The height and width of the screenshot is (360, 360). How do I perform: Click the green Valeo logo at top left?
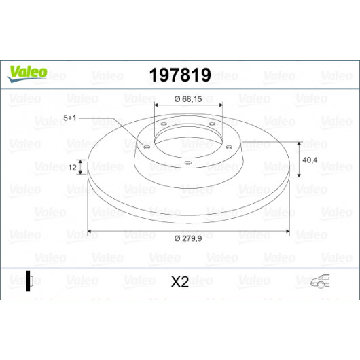28,73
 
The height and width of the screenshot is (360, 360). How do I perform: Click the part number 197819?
180,75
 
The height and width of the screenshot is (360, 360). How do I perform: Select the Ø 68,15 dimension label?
188,99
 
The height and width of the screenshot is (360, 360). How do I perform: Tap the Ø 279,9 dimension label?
188,239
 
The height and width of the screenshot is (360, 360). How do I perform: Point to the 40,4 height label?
310,160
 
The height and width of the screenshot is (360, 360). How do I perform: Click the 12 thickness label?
72,168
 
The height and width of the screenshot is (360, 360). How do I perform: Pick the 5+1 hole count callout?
69,118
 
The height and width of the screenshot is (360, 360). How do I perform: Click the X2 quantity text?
180,282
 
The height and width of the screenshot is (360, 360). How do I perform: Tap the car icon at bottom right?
320,281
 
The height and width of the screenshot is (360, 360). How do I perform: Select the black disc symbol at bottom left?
29,281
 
